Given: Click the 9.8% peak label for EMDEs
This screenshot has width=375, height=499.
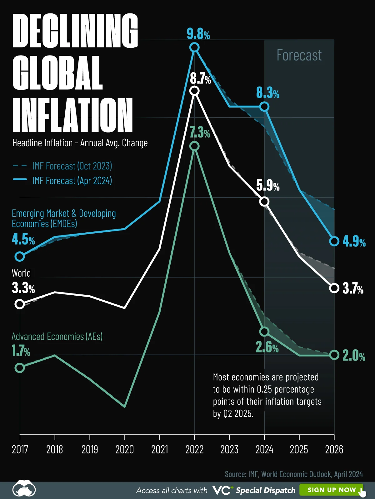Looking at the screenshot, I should click(x=198, y=34).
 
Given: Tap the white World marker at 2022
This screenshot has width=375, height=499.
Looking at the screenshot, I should click(x=194, y=91).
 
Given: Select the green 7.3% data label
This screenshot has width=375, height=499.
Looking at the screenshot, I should click(x=200, y=133).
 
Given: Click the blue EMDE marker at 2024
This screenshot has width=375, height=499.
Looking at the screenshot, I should click(x=264, y=107).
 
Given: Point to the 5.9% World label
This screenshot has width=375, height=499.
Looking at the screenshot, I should click(x=268, y=186).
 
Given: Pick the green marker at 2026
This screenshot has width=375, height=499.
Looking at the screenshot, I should click(x=334, y=355).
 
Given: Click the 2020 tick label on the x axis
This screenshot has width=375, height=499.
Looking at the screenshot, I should click(x=124, y=449).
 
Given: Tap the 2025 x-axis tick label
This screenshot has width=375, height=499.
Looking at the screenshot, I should click(x=299, y=449).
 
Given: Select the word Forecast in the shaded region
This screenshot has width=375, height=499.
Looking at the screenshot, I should click(x=299, y=56).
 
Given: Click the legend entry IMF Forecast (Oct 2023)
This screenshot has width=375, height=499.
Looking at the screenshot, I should click(x=72, y=166).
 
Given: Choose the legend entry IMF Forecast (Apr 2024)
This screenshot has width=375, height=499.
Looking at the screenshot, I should click(x=72, y=181).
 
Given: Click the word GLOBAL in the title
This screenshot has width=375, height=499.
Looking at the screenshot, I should click(x=58, y=73).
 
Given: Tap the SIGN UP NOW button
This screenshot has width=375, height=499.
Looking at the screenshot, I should click(x=332, y=490).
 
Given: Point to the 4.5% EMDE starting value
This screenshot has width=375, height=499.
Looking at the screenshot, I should click(x=23, y=240).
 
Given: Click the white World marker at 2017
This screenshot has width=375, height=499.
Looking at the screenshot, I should click(x=20, y=304).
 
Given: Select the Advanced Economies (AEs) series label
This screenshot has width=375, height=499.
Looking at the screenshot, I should click(x=57, y=337).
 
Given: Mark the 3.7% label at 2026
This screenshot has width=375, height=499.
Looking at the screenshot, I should click(x=353, y=288).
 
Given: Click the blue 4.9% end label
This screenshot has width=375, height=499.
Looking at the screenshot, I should click(x=354, y=242).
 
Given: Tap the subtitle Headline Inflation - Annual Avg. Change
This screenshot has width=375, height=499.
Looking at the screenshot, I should click(x=80, y=143).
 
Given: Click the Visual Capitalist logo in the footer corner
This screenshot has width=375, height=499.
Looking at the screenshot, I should click(x=24, y=488).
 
